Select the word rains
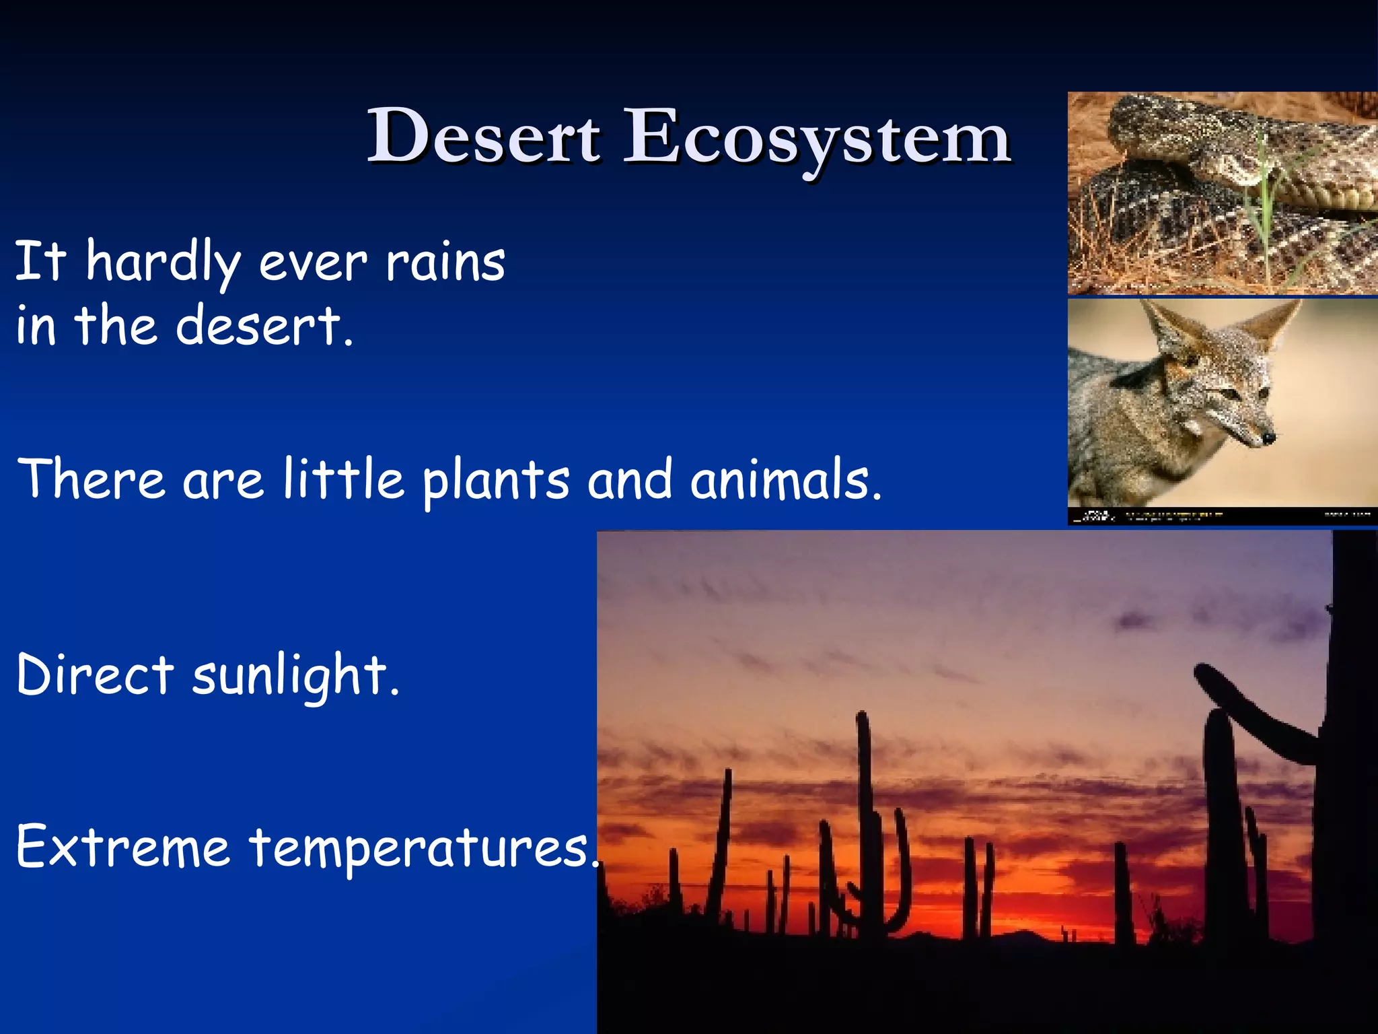pos(445,263)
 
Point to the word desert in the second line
pos(262,326)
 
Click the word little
pos(343,479)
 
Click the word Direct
pos(95,675)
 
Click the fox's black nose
pos(1268,438)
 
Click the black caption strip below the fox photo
pos(1222,516)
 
